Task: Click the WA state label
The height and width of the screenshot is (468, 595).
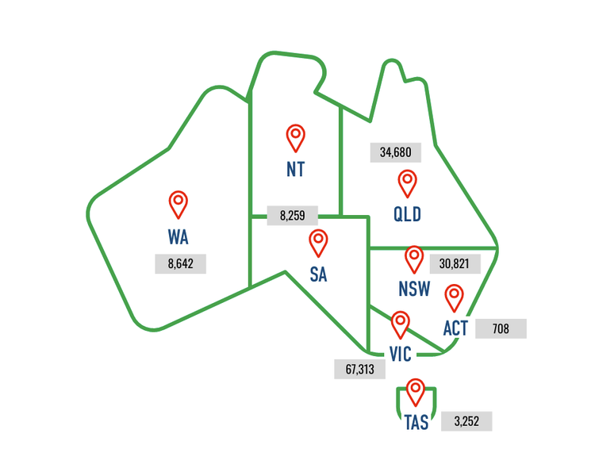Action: [178, 236]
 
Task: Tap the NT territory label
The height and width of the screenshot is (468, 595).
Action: [295, 170]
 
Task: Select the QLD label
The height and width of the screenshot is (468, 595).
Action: [407, 215]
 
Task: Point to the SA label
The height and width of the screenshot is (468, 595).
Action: [318, 275]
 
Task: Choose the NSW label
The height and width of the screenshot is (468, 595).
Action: [414, 289]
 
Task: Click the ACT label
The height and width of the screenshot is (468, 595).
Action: [455, 328]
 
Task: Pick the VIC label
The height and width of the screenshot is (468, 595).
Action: [400, 354]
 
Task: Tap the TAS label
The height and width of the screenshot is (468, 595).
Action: [416, 423]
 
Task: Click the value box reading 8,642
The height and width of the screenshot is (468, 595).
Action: [181, 264]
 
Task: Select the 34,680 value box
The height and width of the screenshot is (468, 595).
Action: [396, 152]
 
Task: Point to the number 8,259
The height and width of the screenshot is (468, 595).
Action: [292, 215]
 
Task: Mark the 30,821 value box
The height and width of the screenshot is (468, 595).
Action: [455, 263]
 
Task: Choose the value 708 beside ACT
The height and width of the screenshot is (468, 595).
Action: [501, 328]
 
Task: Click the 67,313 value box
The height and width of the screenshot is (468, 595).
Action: [359, 369]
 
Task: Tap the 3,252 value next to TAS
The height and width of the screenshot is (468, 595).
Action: [466, 422]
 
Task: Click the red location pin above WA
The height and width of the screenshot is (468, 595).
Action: [178, 203]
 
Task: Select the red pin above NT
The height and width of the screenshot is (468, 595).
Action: [295, 136]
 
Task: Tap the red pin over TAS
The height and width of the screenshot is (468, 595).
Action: [415, 390]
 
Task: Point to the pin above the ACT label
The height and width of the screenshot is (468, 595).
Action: [455, 297]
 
